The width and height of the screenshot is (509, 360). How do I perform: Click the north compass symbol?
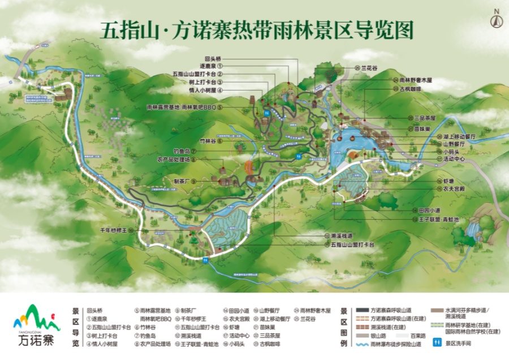496,19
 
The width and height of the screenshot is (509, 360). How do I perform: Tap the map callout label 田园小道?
430,210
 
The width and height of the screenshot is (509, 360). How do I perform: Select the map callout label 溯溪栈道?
342,235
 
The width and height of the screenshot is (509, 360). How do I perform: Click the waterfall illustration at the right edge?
472,229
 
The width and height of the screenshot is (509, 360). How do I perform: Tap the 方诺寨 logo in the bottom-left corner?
35,325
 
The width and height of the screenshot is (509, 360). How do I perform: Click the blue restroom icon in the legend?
437,342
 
